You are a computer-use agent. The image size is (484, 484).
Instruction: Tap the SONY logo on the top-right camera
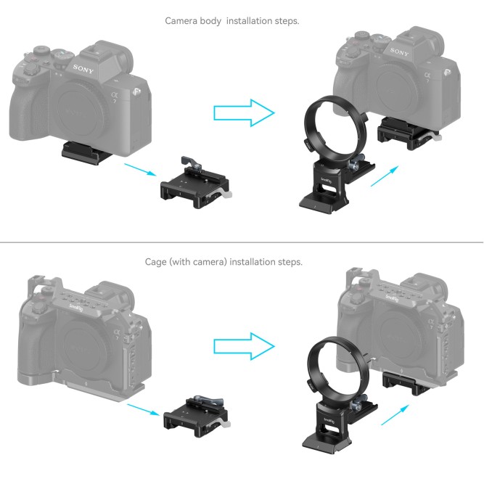(x=399, y=53)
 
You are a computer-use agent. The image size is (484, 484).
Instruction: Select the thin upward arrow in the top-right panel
(x=385, y=176)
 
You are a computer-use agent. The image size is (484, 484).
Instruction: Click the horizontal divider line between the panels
(x=242, y=242)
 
